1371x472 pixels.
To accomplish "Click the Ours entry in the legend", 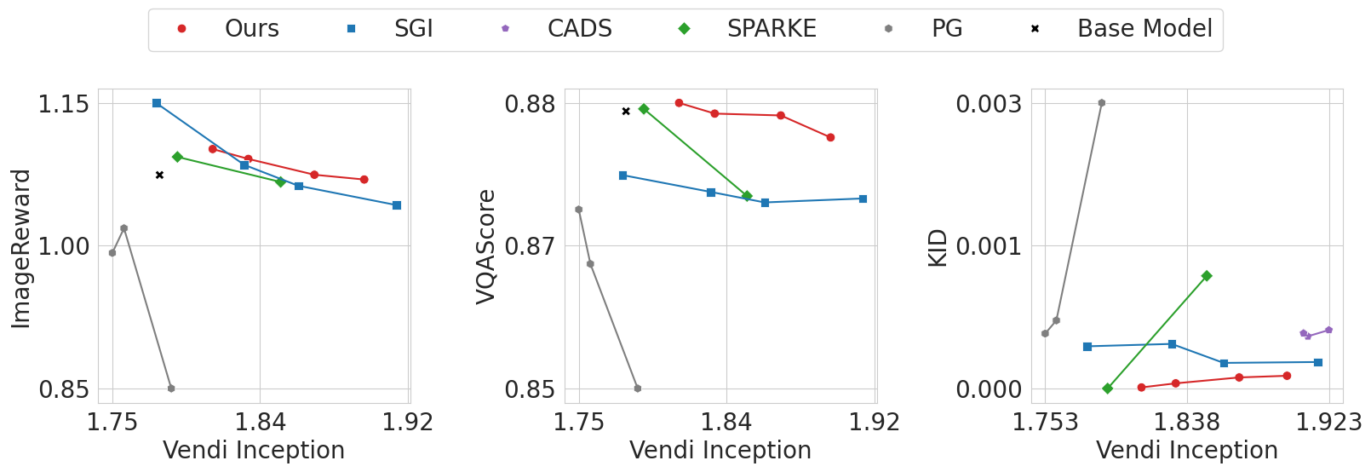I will coord(251,29).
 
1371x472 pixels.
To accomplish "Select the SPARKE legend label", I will coord(771,29).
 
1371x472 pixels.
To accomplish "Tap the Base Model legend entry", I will coord(1144,29).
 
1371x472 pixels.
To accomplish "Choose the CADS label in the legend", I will coord(579,29).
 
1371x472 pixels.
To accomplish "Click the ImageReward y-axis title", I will coord(21,248).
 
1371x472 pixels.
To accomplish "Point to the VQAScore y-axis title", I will coord(486,246).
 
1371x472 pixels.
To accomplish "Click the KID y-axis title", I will coord(938,248).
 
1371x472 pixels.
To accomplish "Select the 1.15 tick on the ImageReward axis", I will coord(63,104).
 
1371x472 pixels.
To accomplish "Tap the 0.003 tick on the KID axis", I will coord(988,104).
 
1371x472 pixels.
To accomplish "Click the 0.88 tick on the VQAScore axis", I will coord(530,104).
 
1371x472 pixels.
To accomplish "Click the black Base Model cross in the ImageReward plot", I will coord(159,175).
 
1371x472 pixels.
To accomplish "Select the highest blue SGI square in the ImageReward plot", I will coord(157,103).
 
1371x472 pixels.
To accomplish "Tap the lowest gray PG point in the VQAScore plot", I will coord(638,389).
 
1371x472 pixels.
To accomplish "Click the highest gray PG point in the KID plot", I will coord(1101,103).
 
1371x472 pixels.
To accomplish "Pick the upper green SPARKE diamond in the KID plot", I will coord(1207,276).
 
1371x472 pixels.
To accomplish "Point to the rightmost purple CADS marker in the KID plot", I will coord(1328,330).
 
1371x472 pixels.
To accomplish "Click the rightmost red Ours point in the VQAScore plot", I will coord(830,137).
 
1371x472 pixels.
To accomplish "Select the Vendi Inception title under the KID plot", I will coord(1186,450).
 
